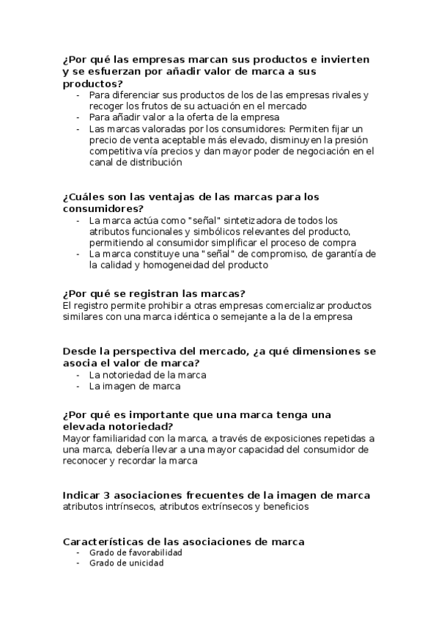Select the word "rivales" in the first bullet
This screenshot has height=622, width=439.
pyautogui.click(x=345, y=95)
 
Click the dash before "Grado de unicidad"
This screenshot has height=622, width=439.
pyautogui.click(x=78, y=563)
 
